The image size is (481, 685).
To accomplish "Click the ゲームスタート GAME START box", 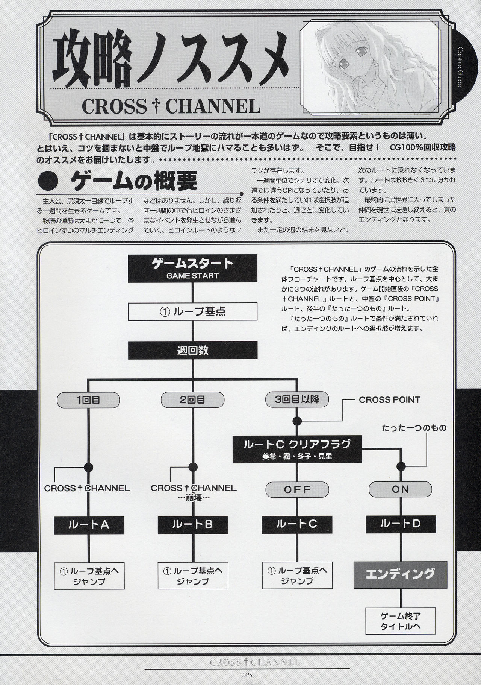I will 192,269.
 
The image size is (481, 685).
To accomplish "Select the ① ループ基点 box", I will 192,312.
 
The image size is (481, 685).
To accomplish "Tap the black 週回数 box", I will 192,350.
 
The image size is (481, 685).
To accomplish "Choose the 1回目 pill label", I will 88,400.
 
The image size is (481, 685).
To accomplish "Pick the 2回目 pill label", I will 192,400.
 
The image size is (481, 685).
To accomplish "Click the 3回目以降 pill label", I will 297,399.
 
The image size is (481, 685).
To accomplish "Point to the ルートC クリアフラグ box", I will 297,450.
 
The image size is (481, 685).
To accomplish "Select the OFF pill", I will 297,489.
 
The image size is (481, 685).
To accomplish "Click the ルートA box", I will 88,524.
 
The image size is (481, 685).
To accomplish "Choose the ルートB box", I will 192,524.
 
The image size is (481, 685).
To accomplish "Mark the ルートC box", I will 297,524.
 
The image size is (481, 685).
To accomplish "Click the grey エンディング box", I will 400,574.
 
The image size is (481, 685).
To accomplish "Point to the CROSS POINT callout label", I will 389,400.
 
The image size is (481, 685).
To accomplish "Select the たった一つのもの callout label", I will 414,428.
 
